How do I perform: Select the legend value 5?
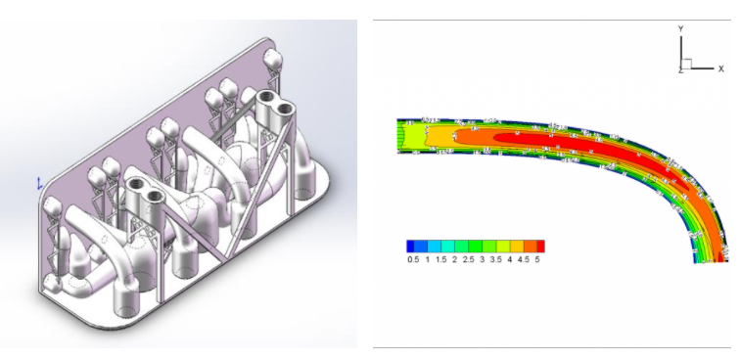coord(539,260)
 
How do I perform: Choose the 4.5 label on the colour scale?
coord(525,260)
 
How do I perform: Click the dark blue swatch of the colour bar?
coord(412,246)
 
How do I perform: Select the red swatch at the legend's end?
coord(539,246)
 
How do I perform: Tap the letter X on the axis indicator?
coord(720,68)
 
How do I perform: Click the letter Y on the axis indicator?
coord(679,30)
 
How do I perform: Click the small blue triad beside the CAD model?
coord(38,183)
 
